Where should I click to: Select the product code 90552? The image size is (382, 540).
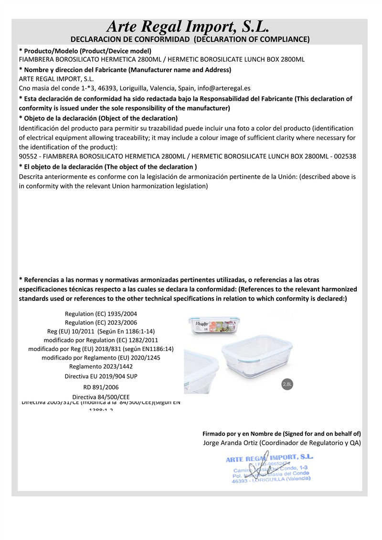(28, 156)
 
